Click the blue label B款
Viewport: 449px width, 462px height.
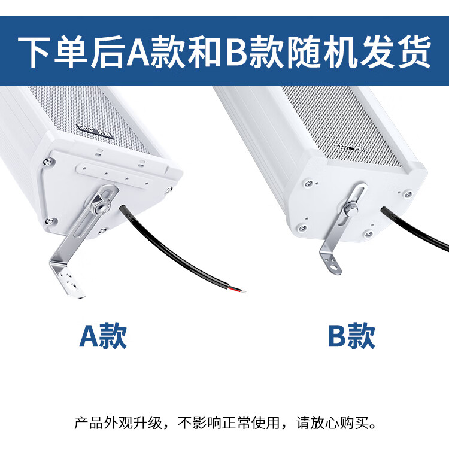coord(351,336)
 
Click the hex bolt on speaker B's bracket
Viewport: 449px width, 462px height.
coord(350,209)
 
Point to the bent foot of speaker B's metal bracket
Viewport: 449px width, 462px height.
coord(331,262)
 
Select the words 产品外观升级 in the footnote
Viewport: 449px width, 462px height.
coord(118,423)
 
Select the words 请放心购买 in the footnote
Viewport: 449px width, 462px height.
coord(332,423)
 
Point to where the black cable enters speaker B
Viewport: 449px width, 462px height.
coord(384,211)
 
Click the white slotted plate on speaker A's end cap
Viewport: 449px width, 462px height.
coord(114,175)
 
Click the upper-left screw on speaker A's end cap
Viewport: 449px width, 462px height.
coord(47,161)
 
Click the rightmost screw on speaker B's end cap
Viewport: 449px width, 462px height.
coord(408,193)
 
